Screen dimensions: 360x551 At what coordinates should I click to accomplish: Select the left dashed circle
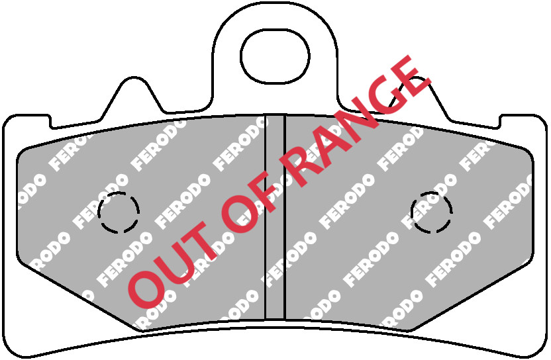[119, 212]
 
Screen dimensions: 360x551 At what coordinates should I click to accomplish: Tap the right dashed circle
[431, 212]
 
